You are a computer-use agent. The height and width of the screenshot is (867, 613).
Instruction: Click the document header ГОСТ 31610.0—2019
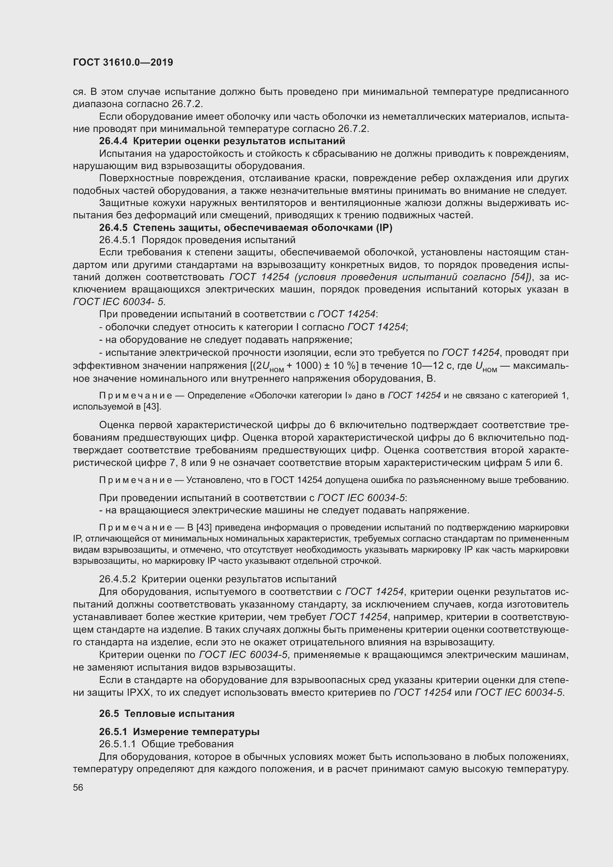pyautogui.click(x=123, y=62)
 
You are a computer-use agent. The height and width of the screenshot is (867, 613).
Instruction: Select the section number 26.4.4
pyautogui.click(x=113, y=141)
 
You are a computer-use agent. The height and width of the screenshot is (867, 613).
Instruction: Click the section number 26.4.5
pyautogui.click(x=113, y=228)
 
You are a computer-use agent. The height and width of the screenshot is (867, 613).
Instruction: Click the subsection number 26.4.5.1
pyautogui.click(x=117, y=240)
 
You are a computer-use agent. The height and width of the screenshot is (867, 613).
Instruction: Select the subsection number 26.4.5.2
pyautogui.click(x=117, y=579)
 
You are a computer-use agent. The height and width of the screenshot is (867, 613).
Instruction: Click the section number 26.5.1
pyautogui.click(x=113, y=731)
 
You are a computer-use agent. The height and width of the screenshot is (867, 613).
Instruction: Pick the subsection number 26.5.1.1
pyautogui.click(x=117, y=744)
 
